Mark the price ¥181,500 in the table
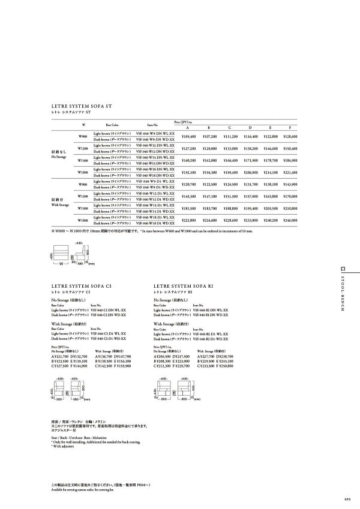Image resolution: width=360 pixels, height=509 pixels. tap(188, 208)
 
